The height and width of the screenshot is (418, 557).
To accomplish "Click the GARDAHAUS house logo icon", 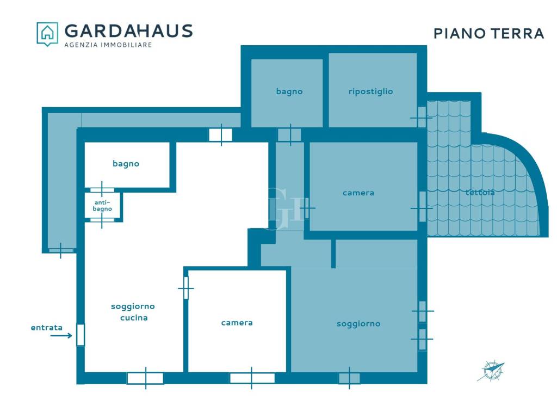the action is pos(47,34).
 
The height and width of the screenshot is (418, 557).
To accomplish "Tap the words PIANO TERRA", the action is pos(489,33).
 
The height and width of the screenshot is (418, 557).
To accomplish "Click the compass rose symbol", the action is pos(491,370).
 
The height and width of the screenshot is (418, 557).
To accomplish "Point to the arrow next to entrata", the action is pos(61,335).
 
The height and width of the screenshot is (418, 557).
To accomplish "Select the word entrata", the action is pos(47,327).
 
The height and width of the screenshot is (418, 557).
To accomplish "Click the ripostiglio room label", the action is pos(370,91).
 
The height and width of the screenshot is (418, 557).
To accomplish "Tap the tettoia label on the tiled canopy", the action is pos(480,192).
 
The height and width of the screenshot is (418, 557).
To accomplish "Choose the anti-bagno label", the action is pos(102,205).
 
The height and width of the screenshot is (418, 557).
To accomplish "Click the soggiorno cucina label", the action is pos(133,312).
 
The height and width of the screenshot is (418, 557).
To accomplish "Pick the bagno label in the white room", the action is pos(126,163).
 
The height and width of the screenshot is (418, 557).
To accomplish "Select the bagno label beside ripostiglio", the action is pos(289,91).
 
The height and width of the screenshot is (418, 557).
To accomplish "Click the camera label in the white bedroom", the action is pos(237,323).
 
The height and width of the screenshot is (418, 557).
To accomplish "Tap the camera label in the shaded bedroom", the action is pos(358,193).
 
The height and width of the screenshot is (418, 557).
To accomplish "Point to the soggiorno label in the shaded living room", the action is pos(358,324).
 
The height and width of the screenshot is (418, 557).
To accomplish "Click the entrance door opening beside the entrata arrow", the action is pos(81,335).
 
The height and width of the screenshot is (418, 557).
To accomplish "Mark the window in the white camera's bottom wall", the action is pos(252,378).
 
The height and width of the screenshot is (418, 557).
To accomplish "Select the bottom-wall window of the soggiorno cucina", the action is pos(145,378).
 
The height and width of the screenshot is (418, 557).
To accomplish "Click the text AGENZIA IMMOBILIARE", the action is pos(108,45).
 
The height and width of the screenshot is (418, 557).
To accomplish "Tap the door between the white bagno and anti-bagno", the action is pos(102,190).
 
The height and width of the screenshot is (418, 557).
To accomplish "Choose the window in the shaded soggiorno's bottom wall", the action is pos(349,378).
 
